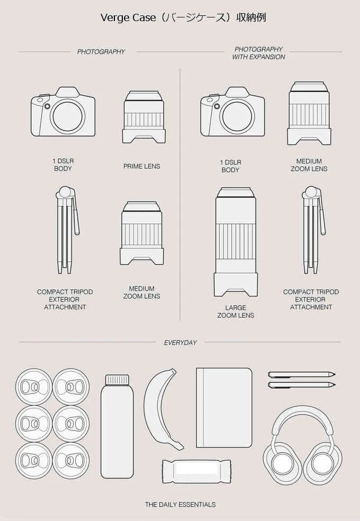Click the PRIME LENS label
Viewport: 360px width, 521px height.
click(x=142, y=166)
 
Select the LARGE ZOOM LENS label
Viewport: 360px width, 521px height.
click(x=236, y=312)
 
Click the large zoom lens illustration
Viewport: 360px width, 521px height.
click(x=236, y=242)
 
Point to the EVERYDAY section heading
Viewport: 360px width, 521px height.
click(x=181, y=343)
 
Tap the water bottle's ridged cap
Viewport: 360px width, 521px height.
click(x=117, y=380)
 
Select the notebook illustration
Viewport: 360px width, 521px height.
click(x=224, y=408)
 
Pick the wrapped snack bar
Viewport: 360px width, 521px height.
click(x=196, y=471)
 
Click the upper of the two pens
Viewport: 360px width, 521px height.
click(x=301, y=374)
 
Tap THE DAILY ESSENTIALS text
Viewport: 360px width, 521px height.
click(x=181, y=505)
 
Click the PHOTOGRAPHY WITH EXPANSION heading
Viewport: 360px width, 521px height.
click(x=258, y=53)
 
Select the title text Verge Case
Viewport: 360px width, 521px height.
click(x=128, y=17)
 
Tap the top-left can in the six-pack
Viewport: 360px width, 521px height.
click(x=33, y=387)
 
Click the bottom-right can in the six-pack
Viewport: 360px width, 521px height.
click(x=71, y=461)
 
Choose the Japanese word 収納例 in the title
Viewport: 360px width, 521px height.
click(x=251, y=17)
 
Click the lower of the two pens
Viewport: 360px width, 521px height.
click(x=301, y=385)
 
